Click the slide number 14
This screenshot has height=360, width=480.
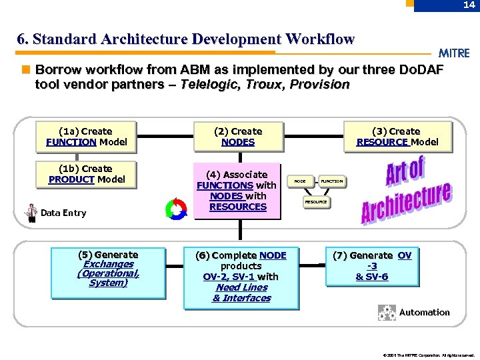(468, 5)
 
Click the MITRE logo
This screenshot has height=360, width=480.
(454, 53)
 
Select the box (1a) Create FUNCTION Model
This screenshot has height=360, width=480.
(86, 137)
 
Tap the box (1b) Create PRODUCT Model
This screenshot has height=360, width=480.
(86, 174)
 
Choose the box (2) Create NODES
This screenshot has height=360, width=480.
(238, 137)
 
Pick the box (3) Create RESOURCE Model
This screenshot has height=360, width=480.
(397, 137)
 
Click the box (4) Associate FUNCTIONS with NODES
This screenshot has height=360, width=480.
(237, 191)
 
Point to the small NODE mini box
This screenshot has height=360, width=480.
(300, 181)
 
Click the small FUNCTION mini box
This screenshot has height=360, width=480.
(331, 181)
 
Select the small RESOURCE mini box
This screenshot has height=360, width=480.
(316, 201)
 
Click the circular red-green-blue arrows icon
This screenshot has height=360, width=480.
(176, 209)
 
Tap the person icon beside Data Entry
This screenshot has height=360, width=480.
(31, 213)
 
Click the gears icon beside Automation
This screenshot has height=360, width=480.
(387, 313)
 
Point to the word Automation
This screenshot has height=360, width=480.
(425, 312)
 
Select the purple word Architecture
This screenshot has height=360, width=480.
(406, 202)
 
